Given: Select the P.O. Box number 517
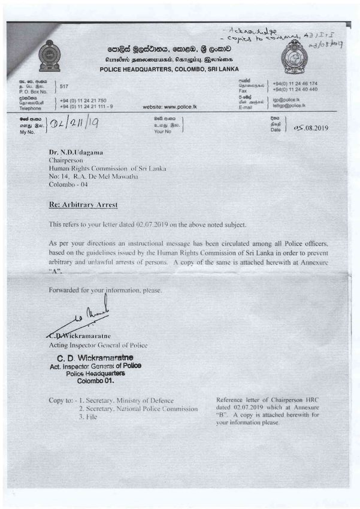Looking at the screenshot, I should coord(65,87).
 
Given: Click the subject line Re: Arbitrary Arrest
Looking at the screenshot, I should coord(83,205).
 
